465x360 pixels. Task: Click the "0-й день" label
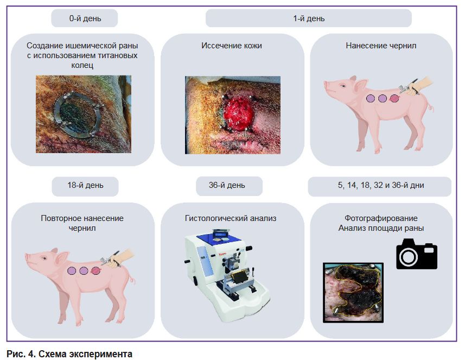(x=85, y=18)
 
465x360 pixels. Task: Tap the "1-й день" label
(x=309, y=18)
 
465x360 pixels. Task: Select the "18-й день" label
(x=85, y=185)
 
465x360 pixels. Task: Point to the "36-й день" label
(x=227, y=185)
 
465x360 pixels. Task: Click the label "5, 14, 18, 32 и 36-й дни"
(x=381, y=185)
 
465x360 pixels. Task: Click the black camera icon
(x=417, y=254)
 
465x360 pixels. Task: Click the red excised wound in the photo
(x=239, y=113)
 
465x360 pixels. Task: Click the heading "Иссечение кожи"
(x=232, y=46)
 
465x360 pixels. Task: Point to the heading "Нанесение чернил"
(x=381, y=46)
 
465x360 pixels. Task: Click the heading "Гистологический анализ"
(x=231, y=218)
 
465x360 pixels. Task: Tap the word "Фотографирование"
(x=381, y=218)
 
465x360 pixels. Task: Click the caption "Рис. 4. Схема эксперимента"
(x=69, y=354)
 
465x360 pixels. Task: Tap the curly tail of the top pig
(x=430, y=105)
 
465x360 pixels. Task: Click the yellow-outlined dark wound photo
(x=353, y=293)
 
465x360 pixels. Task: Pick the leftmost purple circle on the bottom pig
(x=72, y=270)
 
